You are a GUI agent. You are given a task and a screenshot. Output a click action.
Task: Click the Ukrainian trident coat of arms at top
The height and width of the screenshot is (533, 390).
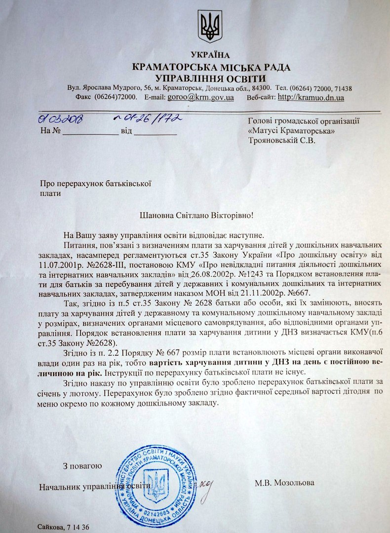coord(210,27)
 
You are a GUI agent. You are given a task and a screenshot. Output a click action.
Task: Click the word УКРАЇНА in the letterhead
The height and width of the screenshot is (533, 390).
coord(210,55)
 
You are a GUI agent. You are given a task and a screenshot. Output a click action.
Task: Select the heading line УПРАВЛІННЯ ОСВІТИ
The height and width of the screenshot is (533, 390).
coord(210,78)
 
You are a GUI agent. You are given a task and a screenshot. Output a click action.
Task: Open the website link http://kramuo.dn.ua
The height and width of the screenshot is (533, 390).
coord(311,97)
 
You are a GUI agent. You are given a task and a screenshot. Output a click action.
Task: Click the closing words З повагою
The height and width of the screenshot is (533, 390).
coord(82,465)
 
